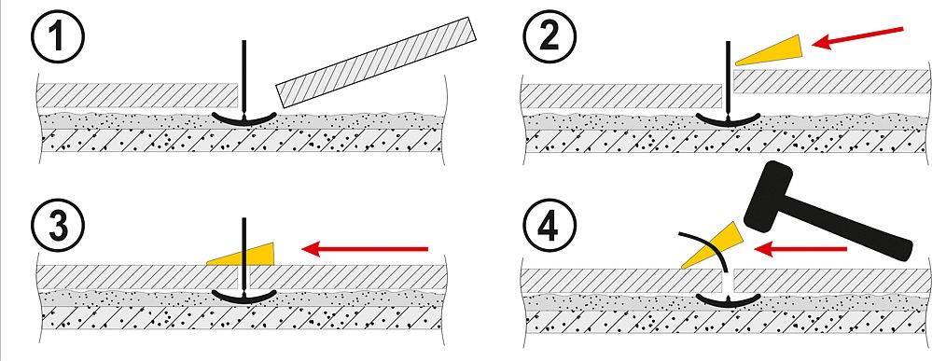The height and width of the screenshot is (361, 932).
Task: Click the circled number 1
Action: [x=58, y=37]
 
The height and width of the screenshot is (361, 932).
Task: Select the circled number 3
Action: [x=58, y=226]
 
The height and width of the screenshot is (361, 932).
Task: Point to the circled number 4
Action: [x=549, y=226]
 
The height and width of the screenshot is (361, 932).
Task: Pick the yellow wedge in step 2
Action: [x=771, y=50]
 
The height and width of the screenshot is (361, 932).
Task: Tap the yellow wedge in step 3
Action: [x=240, y=254]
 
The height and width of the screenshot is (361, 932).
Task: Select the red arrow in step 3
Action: [x=365, y=249]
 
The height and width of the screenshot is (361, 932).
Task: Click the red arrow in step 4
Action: [x=800, y=249]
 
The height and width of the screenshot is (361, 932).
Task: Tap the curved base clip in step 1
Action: [x=244, y=119]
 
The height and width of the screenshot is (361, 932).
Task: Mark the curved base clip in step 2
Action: [x=729, y=119]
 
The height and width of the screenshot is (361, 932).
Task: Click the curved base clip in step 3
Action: [x=244, y=297]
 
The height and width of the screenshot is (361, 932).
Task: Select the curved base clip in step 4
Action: [x=729, y=300]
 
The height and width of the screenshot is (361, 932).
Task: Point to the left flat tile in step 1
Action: [x=137, y=95]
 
